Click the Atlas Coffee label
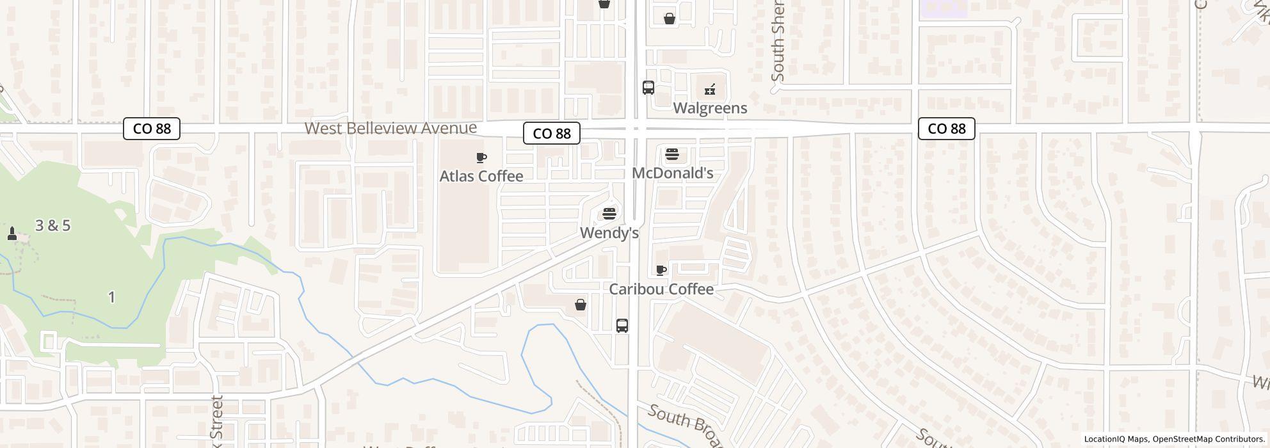pos(481,176)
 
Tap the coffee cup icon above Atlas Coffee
pos(481,157)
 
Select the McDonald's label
pos(672,173)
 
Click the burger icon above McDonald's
pos(671,154)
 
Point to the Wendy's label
pos(609,233)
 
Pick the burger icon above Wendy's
pos(609,214)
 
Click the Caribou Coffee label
pos(661,289)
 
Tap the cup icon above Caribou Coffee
pos(661,271)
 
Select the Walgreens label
pos(710,108)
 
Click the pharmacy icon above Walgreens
pos(710,90)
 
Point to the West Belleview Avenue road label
pos(390,128)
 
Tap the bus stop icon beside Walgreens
pos(648,88)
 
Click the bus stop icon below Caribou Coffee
pos(622,326)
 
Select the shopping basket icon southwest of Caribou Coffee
pos(581,305)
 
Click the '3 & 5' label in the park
pos(53,225)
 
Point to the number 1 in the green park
pos(112,297)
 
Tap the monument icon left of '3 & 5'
pos(12,234)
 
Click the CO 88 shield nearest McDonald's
pos(552,133)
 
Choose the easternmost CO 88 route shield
pos(946,129)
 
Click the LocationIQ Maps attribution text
pos(1116,439)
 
